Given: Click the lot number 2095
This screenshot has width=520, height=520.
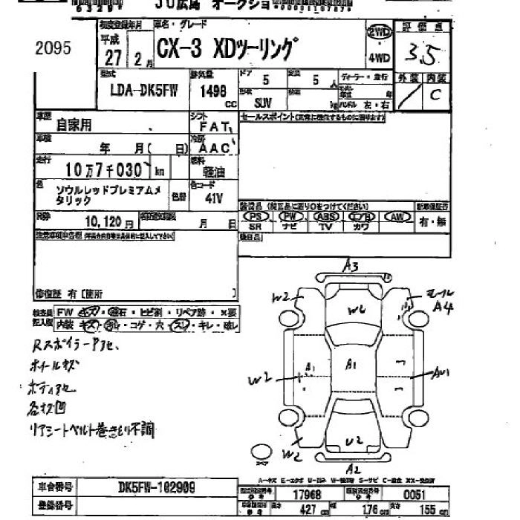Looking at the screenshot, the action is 53,50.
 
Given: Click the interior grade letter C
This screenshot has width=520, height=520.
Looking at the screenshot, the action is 435,95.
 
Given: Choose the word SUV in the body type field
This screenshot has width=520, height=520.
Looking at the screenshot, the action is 263,103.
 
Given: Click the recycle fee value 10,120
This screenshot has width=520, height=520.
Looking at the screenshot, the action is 103,221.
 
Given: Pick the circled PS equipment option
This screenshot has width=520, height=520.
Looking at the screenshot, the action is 256,216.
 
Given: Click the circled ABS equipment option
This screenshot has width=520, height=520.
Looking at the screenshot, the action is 325,216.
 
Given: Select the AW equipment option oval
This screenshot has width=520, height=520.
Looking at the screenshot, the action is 397,216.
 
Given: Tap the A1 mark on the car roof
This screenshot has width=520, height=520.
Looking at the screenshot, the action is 352,364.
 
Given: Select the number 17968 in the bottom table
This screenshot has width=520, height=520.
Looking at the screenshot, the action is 307,494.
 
